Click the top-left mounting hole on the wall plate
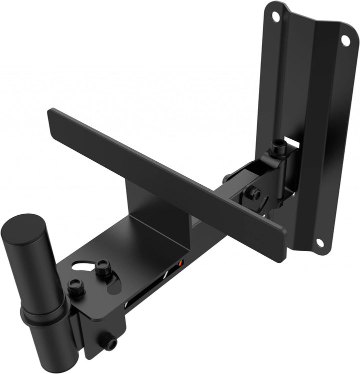[276, 16]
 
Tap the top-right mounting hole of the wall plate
[345, 40]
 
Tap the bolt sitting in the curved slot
[103, 268]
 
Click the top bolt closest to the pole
[76, 288]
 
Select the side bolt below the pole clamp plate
[108, 343]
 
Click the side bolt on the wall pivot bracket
[255, 194]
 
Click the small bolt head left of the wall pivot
[226, 177]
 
